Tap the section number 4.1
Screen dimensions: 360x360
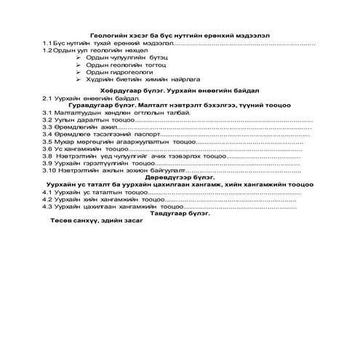click(47, 192)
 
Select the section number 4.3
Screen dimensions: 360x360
click(47, 207)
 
